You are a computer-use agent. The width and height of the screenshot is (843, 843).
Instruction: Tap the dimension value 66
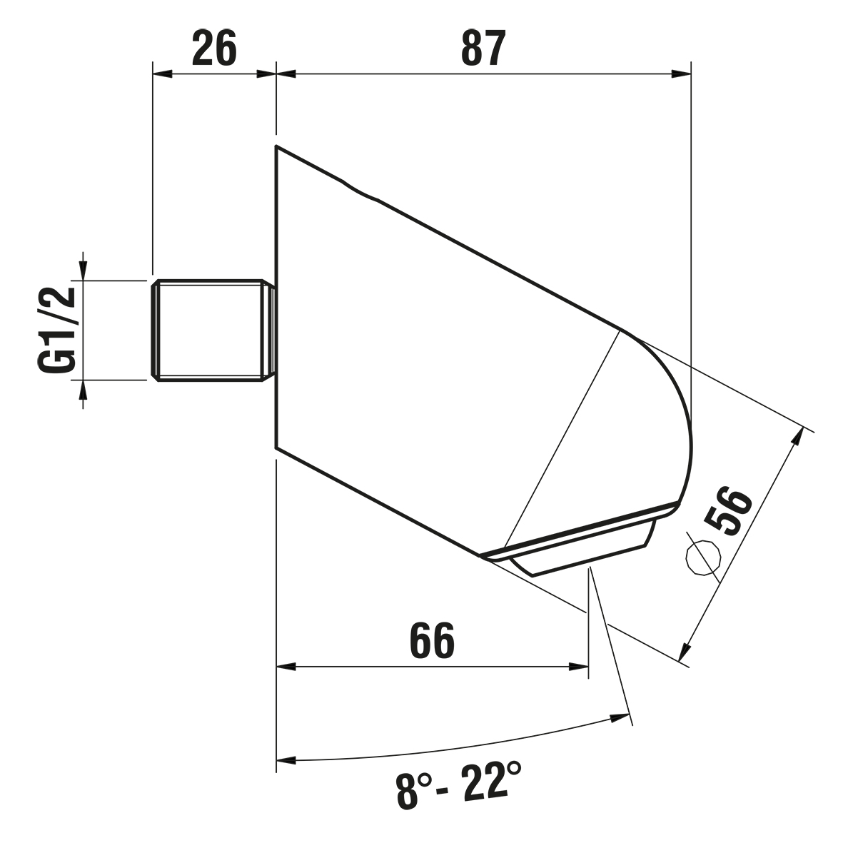tap(433, 641)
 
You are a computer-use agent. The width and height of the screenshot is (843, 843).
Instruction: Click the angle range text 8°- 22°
tap(458, 789)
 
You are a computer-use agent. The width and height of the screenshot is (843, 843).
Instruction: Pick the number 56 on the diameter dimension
tap(729, 510)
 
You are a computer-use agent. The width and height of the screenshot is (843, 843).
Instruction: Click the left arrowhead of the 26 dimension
tap(162, 74)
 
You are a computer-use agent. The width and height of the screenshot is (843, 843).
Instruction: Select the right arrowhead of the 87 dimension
tap(681, 74)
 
